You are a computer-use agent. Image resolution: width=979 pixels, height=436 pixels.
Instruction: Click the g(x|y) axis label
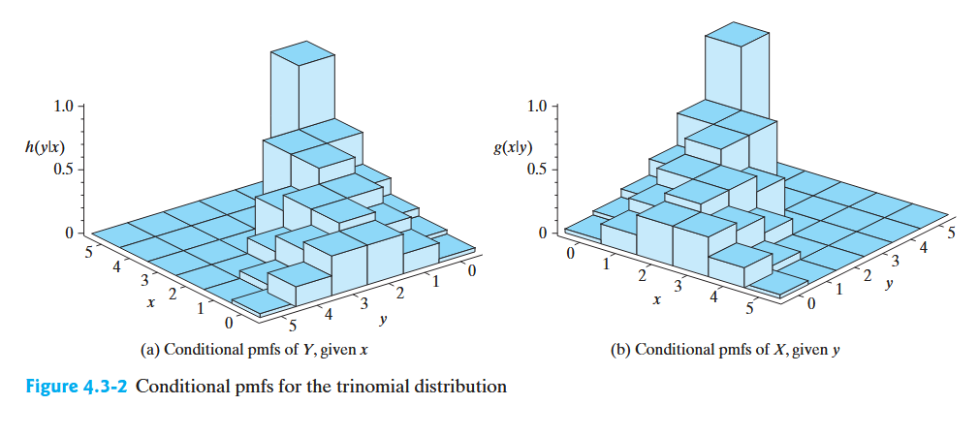point(514,148)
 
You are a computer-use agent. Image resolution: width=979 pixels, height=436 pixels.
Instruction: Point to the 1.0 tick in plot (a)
point(67,105)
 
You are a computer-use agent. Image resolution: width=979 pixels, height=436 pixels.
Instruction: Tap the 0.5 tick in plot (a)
point(67,169)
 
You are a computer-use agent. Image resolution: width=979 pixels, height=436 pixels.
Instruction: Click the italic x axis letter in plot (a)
point(149,303)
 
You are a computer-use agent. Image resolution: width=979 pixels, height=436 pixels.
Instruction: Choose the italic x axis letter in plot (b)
point(656,300)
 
